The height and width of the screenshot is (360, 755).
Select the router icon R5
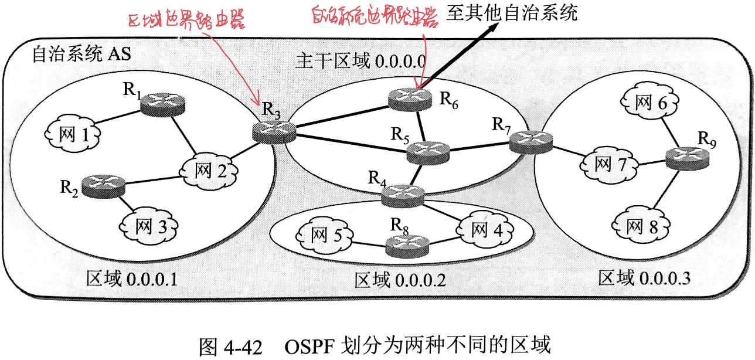(428, 151)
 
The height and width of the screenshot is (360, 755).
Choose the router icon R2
(104, 186)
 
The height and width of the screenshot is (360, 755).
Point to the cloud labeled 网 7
(610, 164)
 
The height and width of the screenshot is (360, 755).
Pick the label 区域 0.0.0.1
(131, 277)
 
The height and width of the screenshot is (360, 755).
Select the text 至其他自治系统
(511, 13)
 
